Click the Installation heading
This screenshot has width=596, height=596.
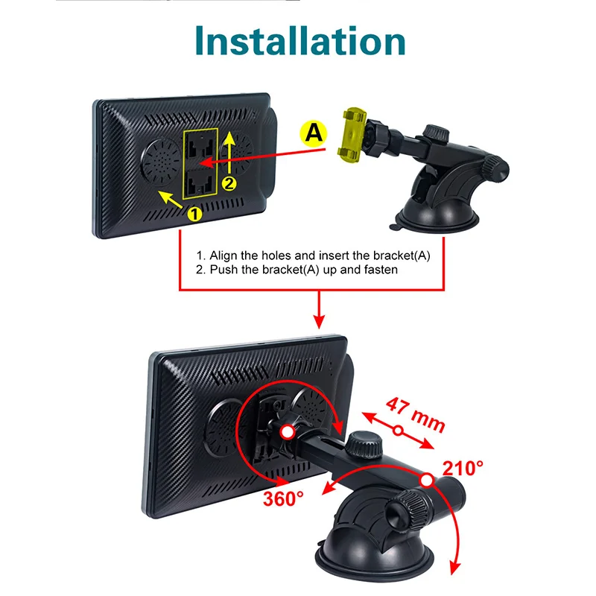(x=300, y=41)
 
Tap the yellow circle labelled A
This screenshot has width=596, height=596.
(x=314, y=133)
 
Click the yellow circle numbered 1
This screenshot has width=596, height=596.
(x=194, y=214)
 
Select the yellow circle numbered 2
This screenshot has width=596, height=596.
(x=229, y=183)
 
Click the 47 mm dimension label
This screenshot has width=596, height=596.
(x=415, y=416)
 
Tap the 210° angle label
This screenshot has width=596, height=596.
(x=463, y=469)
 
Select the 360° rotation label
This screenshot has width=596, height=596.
(x=284, y=498)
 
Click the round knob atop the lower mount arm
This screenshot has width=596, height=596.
(x=364, y=444)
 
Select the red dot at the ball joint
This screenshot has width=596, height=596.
(x=288, y=432)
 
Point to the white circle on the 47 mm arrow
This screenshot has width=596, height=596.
(x=398, y=431)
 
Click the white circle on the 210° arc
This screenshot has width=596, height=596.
(x=427, y=480)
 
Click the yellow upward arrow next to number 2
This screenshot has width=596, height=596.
(x=229, y=153)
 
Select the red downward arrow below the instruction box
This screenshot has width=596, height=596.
(x=320, y=310)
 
